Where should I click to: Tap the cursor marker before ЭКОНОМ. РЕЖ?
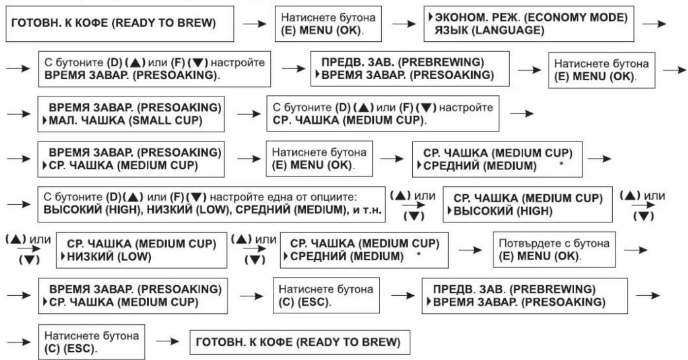coord(431,17)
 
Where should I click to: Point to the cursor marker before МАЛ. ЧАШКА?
coord(45,121)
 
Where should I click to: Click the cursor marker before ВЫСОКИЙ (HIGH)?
coord(450,211)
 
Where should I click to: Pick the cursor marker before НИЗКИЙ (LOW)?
coord(63,256)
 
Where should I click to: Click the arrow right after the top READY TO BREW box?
coord(255,24)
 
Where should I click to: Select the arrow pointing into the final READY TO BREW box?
coord(167,341)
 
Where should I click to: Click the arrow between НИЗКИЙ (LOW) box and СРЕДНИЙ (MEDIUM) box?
coord(255,249)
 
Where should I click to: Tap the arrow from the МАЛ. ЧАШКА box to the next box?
coord(249,114)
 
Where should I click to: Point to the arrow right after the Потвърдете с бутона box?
coord(636,250)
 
